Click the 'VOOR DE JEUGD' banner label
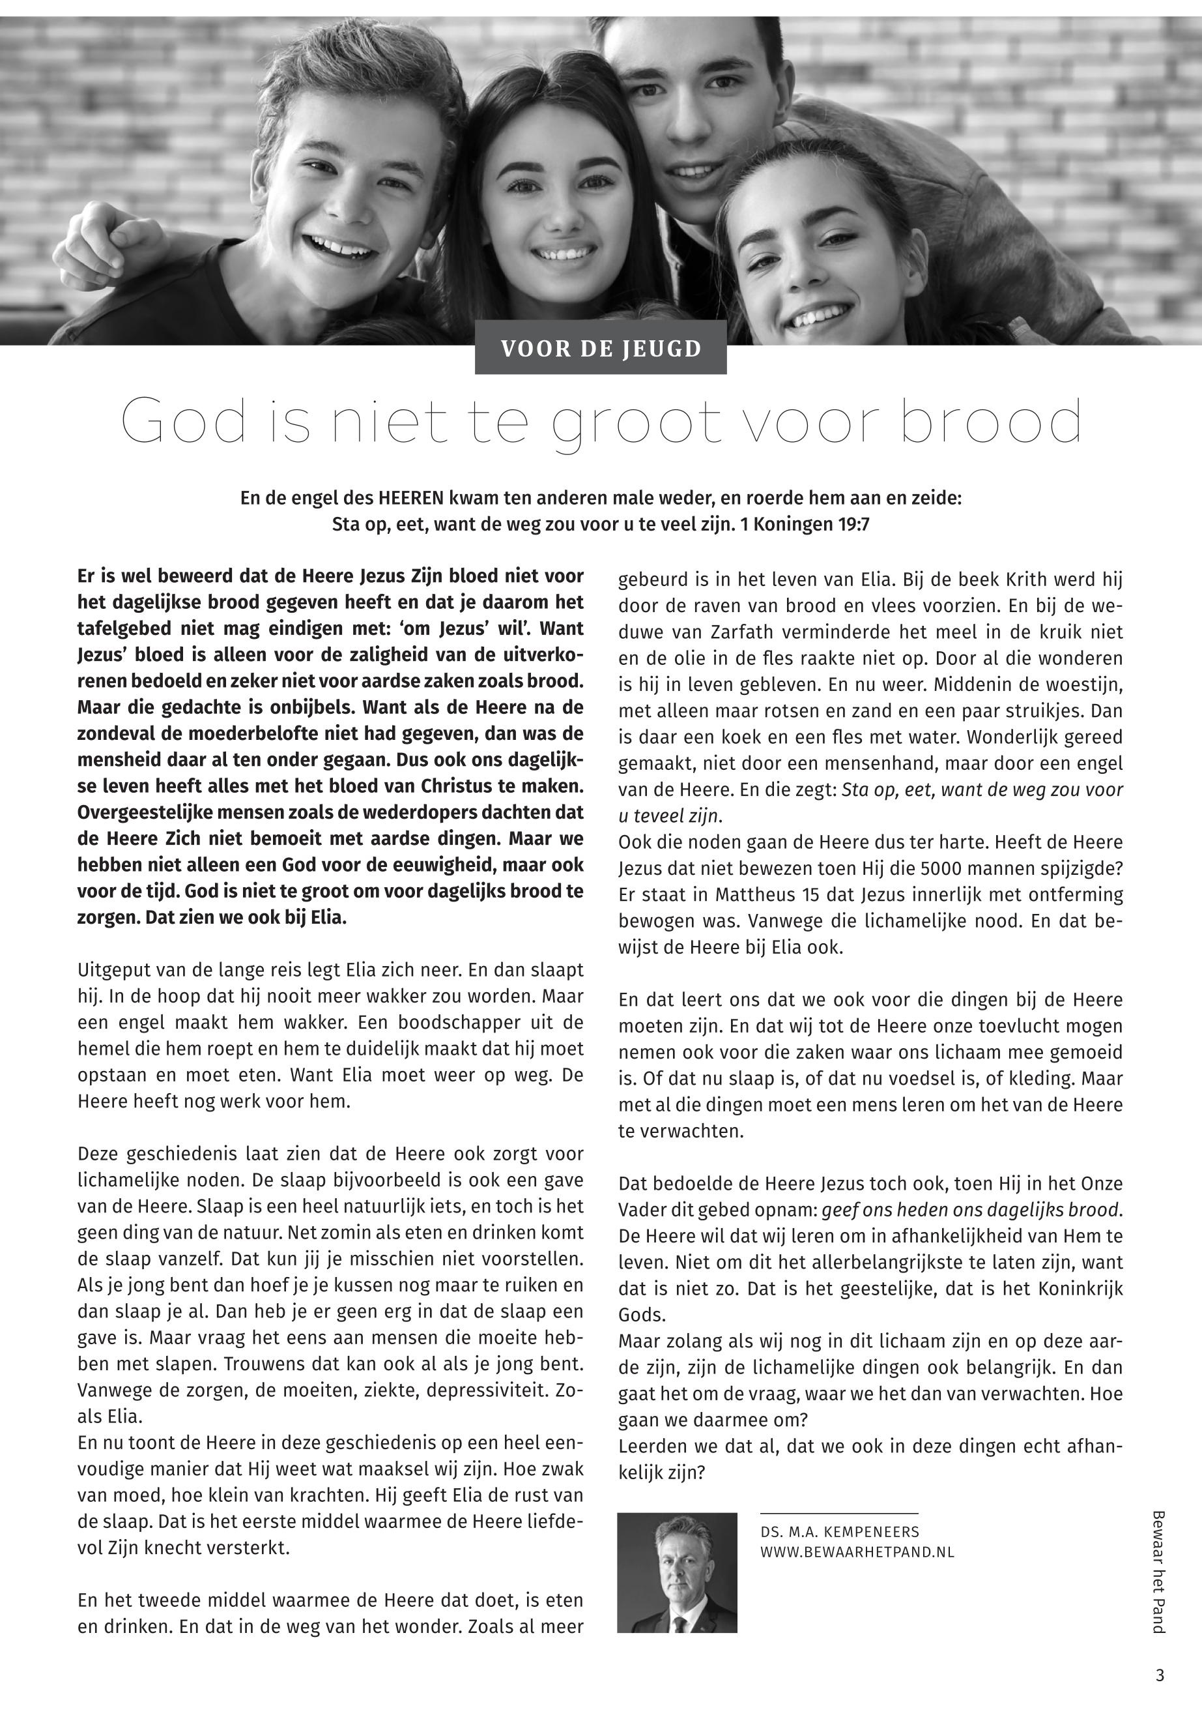click(x=600, y=349)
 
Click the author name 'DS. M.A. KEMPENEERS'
click(x=840, y=1532)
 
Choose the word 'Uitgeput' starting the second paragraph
click(x=107, y=970)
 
